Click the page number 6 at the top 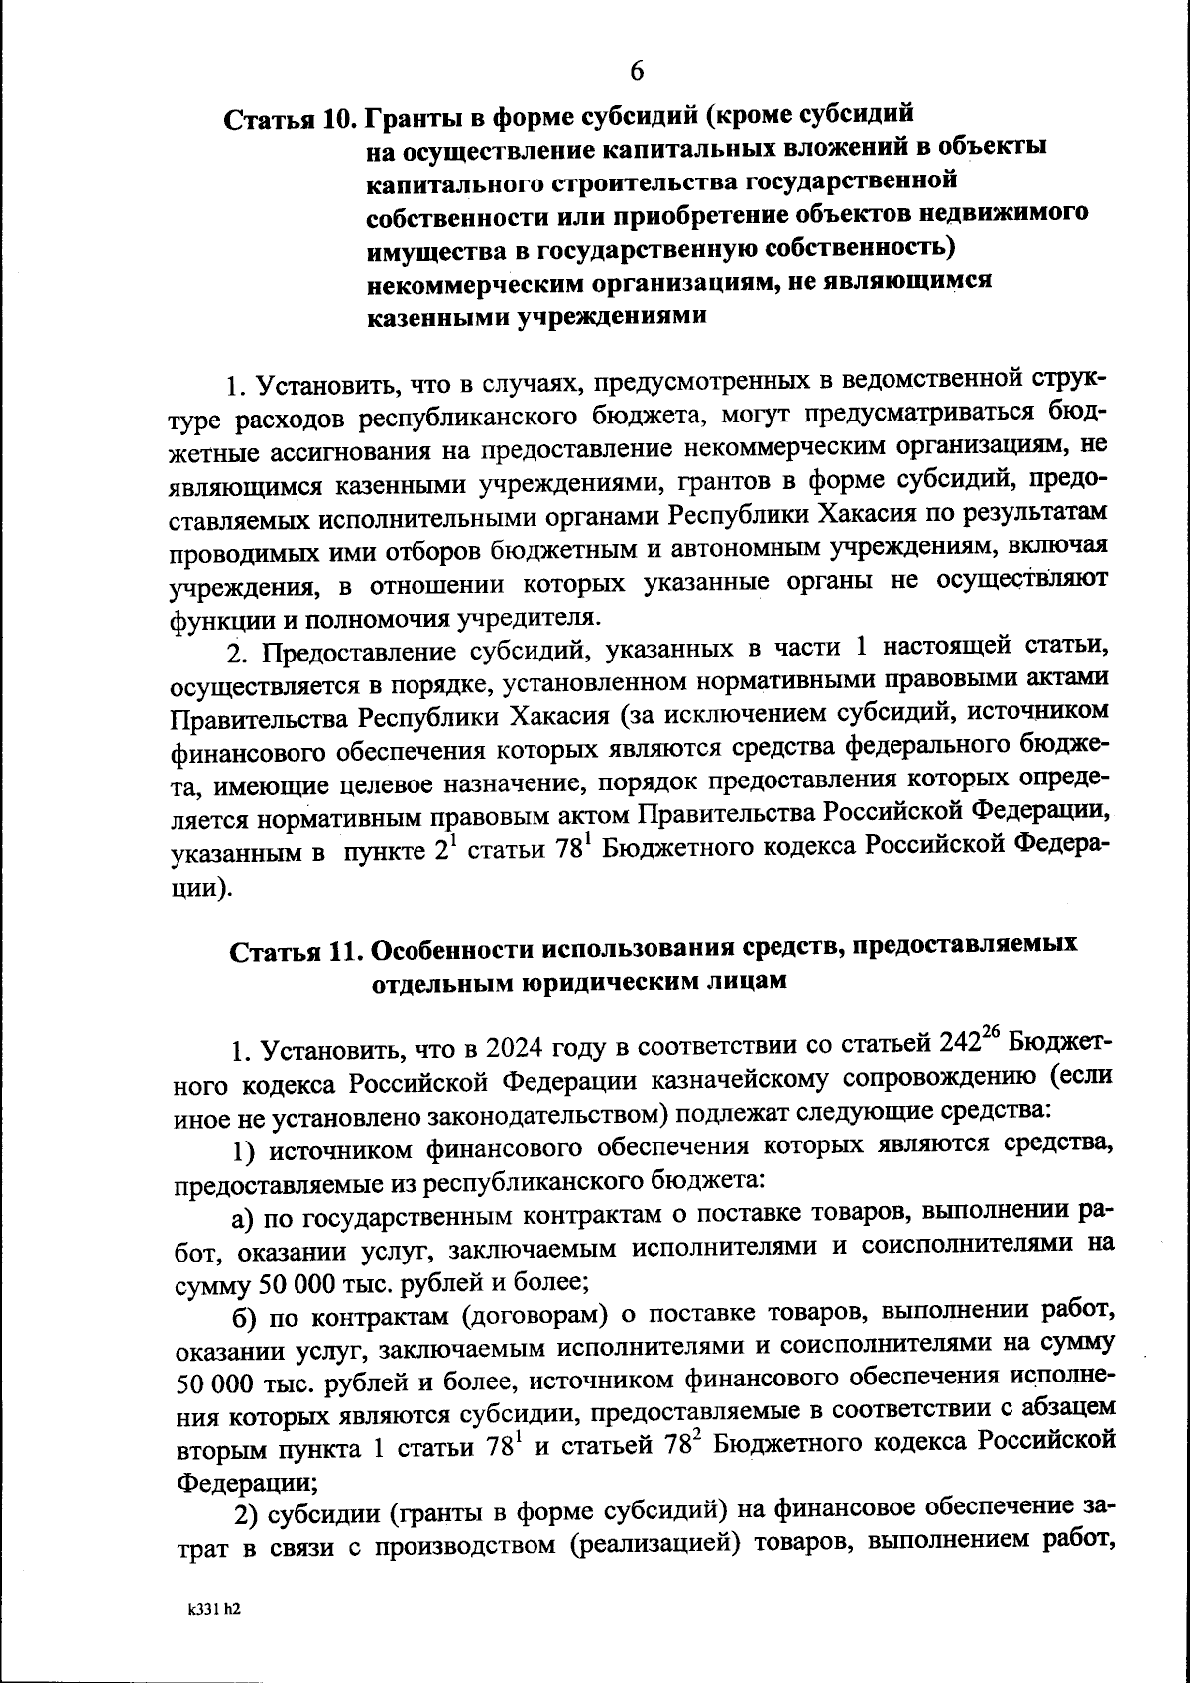(636, 72)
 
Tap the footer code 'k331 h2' (215, 1613)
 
